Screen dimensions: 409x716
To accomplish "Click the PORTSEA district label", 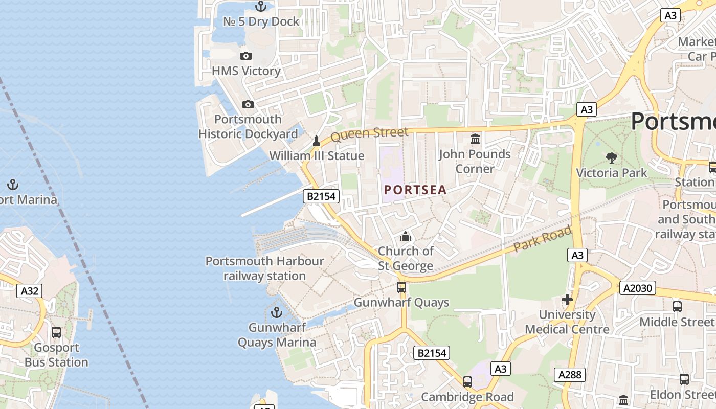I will click(x=415, y=190).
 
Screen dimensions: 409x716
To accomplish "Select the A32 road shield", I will click(x=30, y=291).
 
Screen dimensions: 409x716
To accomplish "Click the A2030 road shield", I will click(x=638, y=288).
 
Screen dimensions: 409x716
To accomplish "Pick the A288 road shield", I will click(x=570, y=375).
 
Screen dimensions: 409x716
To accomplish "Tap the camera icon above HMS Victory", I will click(x=246, y=56).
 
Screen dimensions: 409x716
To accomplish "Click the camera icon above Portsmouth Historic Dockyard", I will click(x=248, y=104).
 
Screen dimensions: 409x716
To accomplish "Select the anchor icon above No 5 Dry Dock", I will click(x=261, y=7).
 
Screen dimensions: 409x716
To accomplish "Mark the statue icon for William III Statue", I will click(x=317, y=141).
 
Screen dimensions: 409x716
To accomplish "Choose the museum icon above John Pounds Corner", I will click(x=475, y=139).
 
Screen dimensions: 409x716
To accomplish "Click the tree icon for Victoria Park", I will click(x=611, y=157).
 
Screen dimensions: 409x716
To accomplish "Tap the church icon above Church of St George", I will click(x=406, y=236).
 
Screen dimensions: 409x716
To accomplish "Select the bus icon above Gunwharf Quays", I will click(x=401, y=287).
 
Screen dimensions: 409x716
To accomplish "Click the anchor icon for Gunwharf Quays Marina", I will click(x=277, y=312).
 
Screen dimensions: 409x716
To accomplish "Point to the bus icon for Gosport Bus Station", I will click(x=56, y=332).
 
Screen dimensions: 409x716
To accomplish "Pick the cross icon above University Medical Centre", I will click(x=567, y=300).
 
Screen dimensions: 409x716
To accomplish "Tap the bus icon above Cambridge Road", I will click(x=467, y=381).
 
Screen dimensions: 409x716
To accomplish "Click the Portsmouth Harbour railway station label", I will click(x=264, y=268).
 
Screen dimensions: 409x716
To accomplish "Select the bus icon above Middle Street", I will click(x=677, y=307).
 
